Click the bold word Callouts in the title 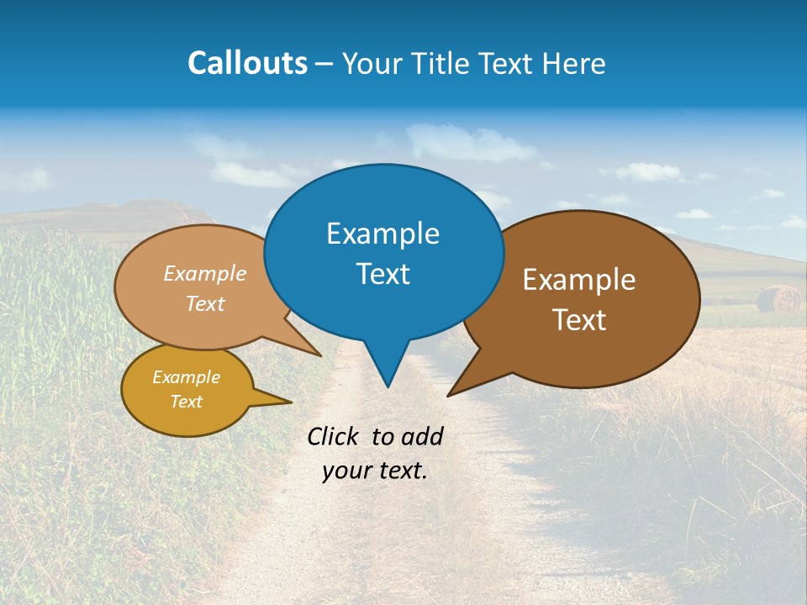[247, 63]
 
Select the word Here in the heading [575, 63]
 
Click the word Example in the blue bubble [382, 234]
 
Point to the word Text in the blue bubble [382, 274]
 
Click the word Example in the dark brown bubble [579, 280]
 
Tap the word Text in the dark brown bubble [579, 320]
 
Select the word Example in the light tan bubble [205, 274]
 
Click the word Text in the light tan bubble [205, 303]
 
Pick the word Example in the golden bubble [186, 377]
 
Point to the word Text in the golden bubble [186, 402]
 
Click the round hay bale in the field [778, 298]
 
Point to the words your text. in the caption [375, 471]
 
